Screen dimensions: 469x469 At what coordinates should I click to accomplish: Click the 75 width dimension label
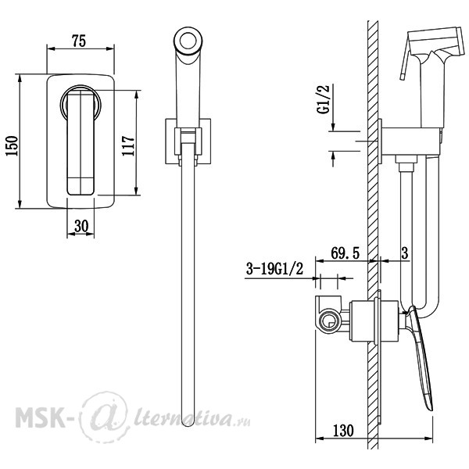(x=79, y=41)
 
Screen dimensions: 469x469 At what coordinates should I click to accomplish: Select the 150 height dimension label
(x=13, y=145)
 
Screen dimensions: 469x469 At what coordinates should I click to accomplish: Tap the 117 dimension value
(x=128, y=145)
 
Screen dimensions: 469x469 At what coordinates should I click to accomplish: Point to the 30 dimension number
(x=81, y=226)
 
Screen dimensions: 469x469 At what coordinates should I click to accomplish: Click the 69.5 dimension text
(x=345, y=253)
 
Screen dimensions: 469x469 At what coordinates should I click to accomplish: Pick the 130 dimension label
(x=343, y=431)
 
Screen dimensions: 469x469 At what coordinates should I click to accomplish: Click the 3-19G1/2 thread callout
(x=274, y=269)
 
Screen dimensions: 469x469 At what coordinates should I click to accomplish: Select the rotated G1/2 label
(x=324, y=99)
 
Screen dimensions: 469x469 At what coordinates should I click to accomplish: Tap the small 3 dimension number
(x=404, y=253)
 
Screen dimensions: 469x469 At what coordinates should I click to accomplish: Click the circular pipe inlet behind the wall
(x=329, y=321)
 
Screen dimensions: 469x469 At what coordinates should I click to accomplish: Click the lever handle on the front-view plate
(x=81, y=143)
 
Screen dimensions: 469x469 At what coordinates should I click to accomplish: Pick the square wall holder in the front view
(x=188, y=141)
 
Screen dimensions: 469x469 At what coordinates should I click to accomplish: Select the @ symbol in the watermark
(x=105, y=416)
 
